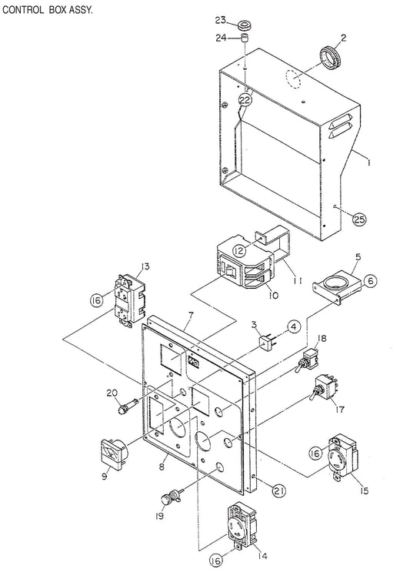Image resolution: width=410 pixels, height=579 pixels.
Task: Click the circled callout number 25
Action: pos(359,219)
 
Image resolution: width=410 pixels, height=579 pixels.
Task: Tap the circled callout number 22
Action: pos(245,99)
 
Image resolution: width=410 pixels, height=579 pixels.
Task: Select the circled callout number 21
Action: pos(278,490)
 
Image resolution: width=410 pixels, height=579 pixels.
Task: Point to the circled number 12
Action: pos(239,251)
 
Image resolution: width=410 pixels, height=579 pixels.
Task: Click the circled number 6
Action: pos(370,281)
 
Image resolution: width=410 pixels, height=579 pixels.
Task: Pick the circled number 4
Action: pos(293,326)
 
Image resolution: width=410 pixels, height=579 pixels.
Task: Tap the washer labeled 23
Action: pos(244,25)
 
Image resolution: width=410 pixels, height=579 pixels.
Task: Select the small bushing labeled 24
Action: pos(244,38)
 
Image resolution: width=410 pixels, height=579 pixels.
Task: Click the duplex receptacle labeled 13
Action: pos(130,298)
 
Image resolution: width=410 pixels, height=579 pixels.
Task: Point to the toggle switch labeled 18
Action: pos(306,361)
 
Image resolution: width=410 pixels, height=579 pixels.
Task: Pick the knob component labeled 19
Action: pos(171,496)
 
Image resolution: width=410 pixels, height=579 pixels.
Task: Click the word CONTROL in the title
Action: pos(23,10)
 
